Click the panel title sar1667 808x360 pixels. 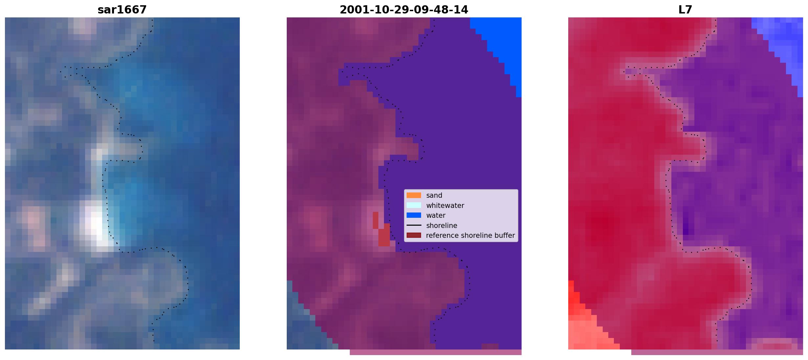tap(122, 10)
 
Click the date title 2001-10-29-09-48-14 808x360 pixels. tap(404, 10)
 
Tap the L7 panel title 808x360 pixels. tap(685, 10)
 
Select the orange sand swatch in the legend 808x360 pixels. tap(414, 195)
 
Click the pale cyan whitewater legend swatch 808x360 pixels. tap(414, 205)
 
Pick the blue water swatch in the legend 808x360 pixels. tap(414, 215)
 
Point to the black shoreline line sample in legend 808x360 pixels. tap(414, 225)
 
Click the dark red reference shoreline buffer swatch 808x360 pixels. tap(414, 236)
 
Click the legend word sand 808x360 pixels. tap(434, 195)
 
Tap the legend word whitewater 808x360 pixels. tap(445, 206)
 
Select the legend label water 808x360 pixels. tap(436, 215)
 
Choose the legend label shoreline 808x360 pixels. tap(441, 226)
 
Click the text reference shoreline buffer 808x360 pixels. tap(470, 236)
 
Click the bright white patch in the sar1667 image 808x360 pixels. tap(96, 227)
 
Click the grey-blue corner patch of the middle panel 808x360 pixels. tap(302, 325)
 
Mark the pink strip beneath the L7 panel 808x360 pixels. tap(717, 352)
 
